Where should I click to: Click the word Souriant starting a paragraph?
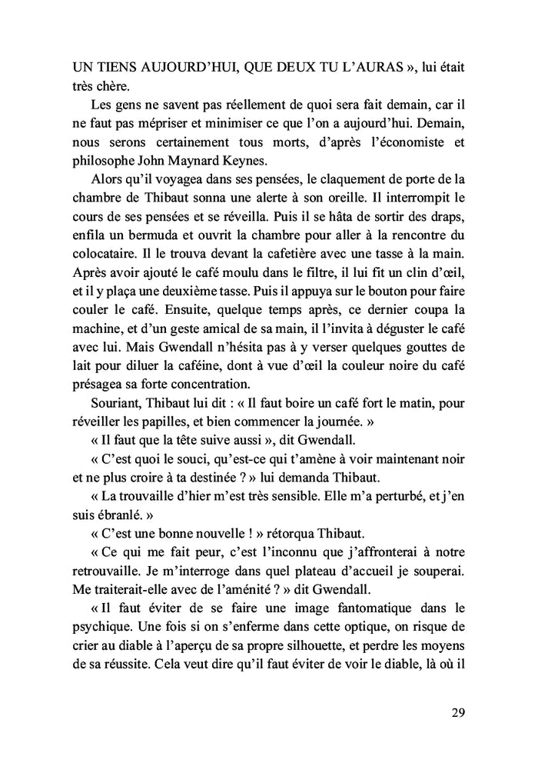tap(116, 403)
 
